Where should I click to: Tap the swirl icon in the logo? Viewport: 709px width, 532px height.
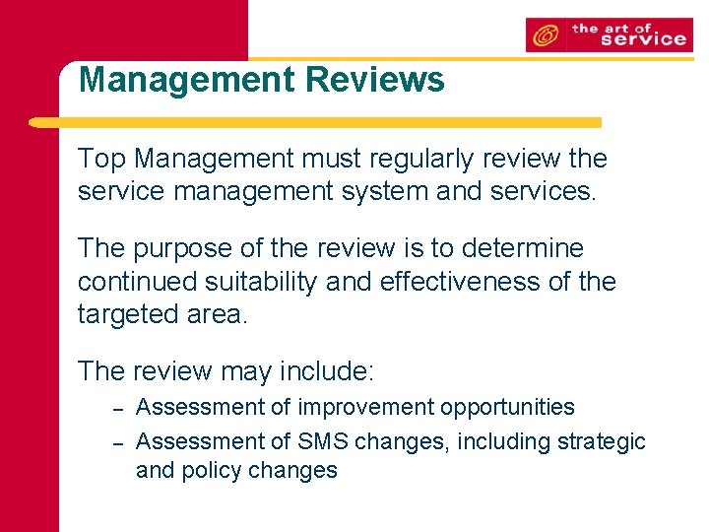tap(543, 36)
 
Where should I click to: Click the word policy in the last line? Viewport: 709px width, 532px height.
tap(210, 470)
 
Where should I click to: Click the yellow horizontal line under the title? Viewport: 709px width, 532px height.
tap(315, 123)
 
